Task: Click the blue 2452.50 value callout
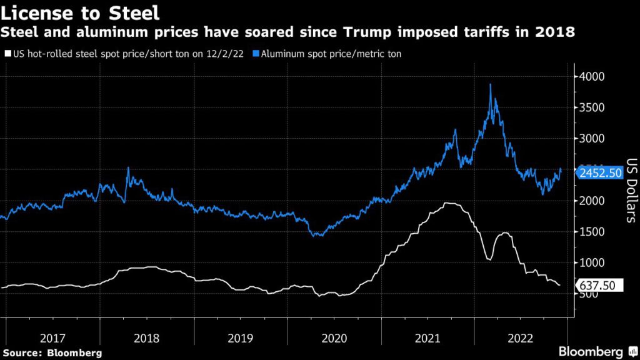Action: [599, 173]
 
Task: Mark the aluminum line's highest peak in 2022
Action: [490, 84]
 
